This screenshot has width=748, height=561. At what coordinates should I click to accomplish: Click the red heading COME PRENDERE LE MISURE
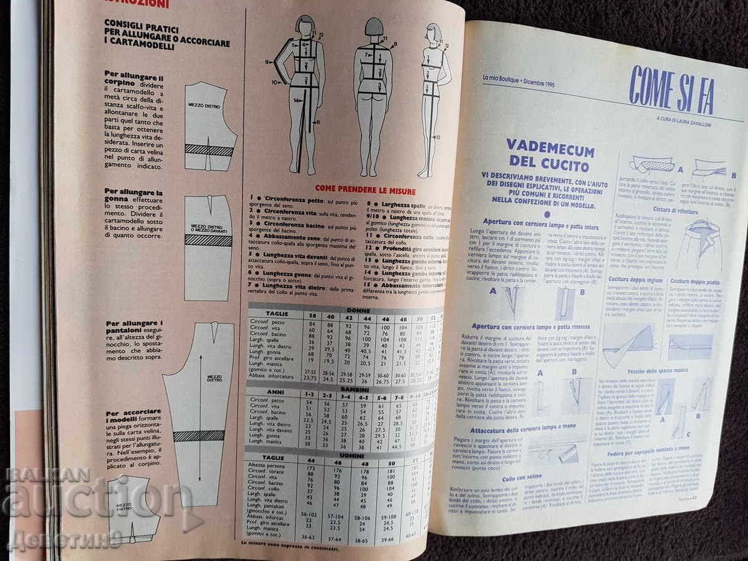coord(365,189)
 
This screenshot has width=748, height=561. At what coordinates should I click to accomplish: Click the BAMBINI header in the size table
coord(354,389)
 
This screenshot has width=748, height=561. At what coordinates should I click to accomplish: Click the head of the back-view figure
coord(374,28)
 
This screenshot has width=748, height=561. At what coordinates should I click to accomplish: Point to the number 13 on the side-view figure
coord(437,137)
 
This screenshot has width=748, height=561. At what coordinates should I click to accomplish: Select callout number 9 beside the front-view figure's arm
coord(267,62)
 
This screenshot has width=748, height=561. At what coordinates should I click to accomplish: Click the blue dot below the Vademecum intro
coord(547,214)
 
